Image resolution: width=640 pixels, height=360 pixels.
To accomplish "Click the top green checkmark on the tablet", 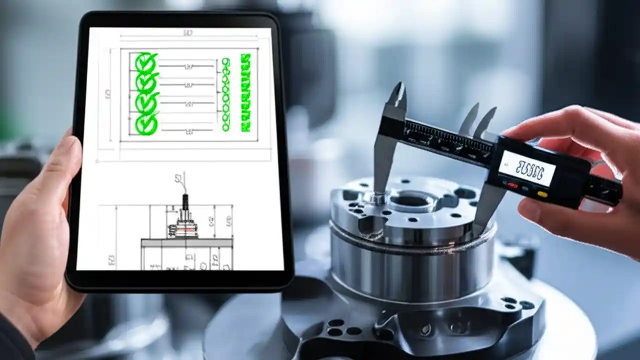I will pyautogui.click(x=146, y=62).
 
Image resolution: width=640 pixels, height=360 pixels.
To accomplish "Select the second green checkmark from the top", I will pyautogui.click(x=146, y=82).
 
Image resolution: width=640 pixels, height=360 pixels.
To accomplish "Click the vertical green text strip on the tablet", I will pyautogui.click(x=245, y=93).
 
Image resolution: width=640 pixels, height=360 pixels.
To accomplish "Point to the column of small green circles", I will pyautogui.click(x=225, y=94).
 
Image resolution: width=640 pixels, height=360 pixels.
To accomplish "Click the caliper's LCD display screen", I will pyautogui.click(x=527, y=168).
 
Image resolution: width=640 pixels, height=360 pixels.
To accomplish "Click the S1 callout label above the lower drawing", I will pyautogui.click(x=178, y=177).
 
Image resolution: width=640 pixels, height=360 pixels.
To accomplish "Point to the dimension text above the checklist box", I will pyautogui.click(x=188, y=33).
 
